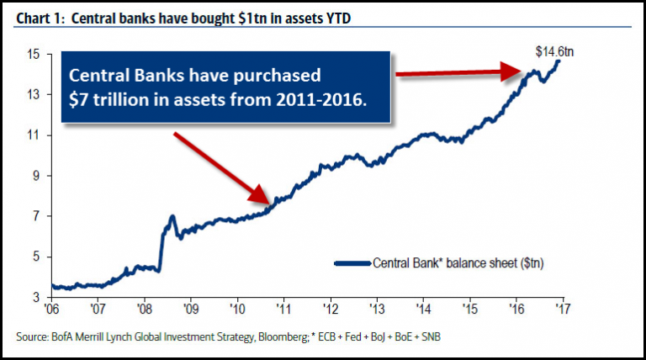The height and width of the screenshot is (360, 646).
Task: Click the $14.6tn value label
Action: pyautogui.click(x=554, y=52)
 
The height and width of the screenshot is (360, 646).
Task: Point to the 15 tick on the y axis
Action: pyautogui.click(x=34, y=55)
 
